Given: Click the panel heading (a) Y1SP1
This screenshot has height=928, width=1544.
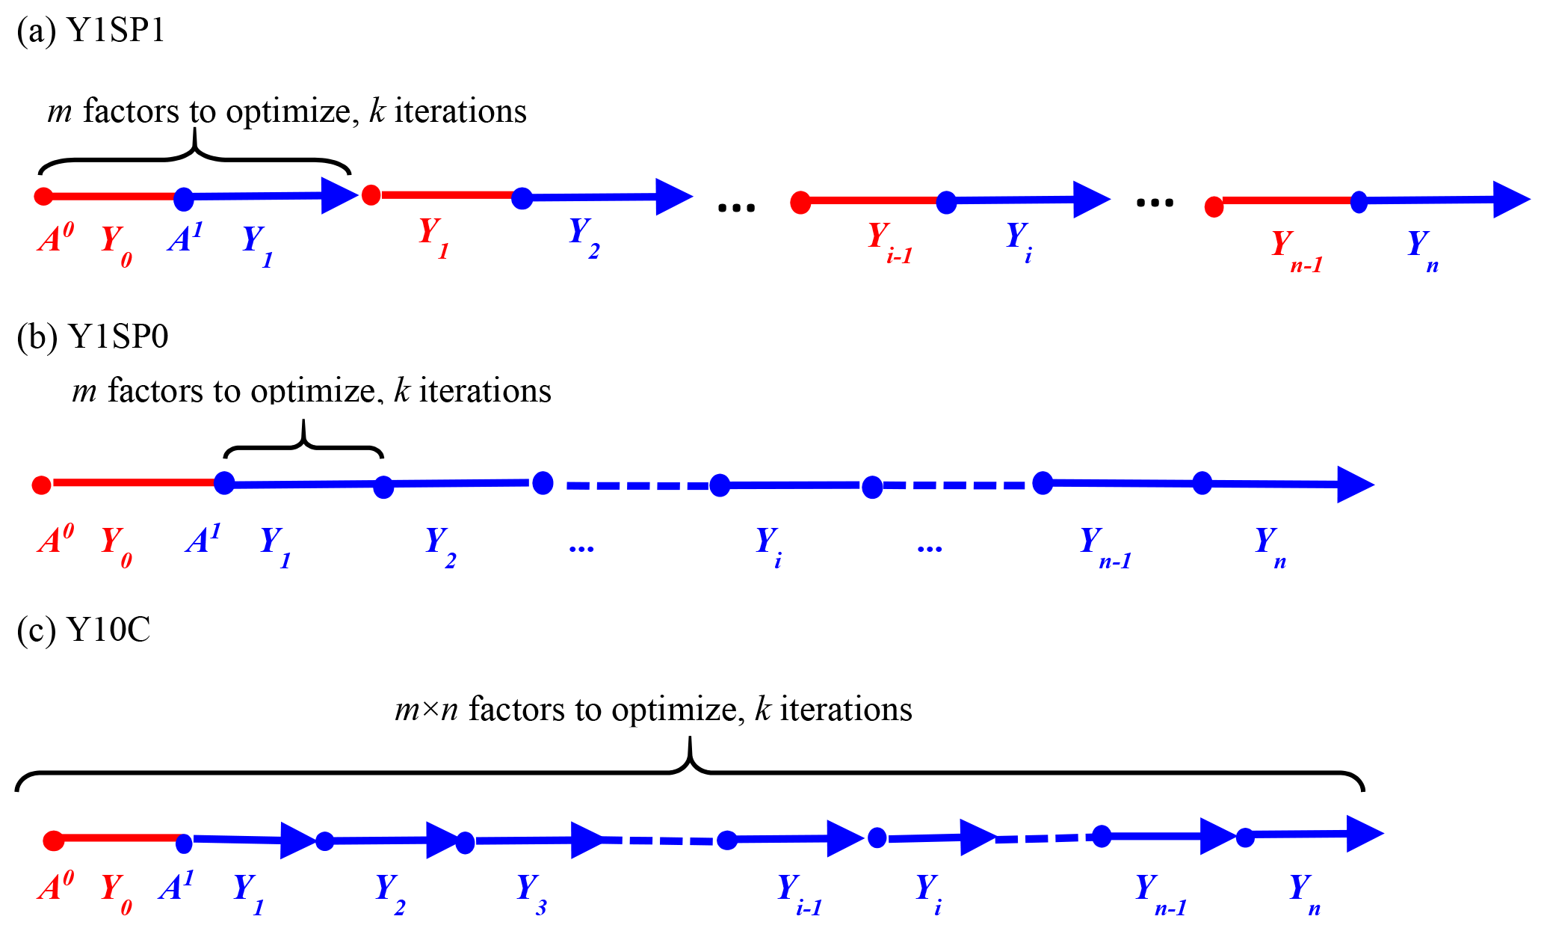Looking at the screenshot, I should point(90,31).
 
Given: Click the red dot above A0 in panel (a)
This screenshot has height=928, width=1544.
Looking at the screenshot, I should point(43,196).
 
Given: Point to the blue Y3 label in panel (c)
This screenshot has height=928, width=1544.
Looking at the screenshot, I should point(531,894).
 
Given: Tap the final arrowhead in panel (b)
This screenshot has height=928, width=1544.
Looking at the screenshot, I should point(1354,485).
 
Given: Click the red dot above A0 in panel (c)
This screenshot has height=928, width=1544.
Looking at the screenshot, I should point(53,841).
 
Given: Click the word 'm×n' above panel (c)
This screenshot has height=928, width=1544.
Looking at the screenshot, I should point(426,709).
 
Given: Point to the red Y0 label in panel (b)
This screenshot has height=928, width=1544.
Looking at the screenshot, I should point(117,546).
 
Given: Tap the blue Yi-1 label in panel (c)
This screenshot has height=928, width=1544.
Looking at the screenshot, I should point(799,894).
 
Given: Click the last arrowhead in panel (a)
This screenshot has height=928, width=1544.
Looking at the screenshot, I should point(1510,199).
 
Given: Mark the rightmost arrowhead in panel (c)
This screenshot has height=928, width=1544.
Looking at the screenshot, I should point(1364,834).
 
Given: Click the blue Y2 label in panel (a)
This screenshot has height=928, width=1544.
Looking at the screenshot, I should point(584,237).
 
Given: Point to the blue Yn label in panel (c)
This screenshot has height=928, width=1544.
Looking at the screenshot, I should point(1304,894).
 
